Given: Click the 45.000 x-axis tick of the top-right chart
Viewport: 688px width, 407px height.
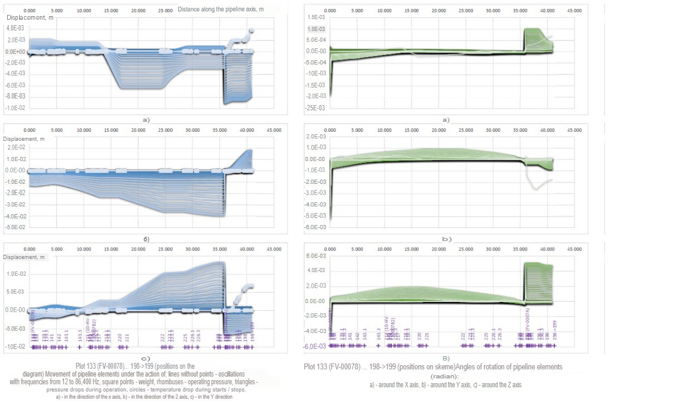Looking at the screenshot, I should [x=574, y=11].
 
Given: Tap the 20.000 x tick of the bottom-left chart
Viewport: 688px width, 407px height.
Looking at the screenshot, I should [x=138, y=249].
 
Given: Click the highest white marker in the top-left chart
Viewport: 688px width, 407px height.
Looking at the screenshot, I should [x=251, y=30].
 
